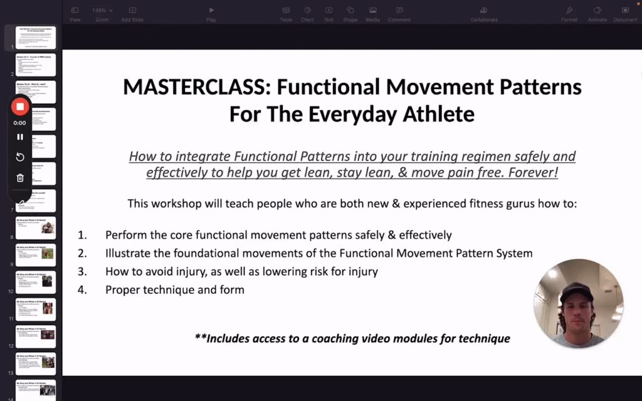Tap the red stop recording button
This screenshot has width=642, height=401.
click(x=20, y=107)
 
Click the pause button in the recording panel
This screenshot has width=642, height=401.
click(x=20, y=137)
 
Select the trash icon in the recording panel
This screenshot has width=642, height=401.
click(x=20, y=178)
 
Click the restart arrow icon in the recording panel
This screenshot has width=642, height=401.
click(x=20, y=157)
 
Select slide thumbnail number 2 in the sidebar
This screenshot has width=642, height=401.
click(x=36, y=65)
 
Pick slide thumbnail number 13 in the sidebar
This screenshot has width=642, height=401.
click(x=36, y=364)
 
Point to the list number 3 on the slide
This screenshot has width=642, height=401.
click(x=83, y=271)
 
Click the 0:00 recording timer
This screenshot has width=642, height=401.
click(x=20, y=123)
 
